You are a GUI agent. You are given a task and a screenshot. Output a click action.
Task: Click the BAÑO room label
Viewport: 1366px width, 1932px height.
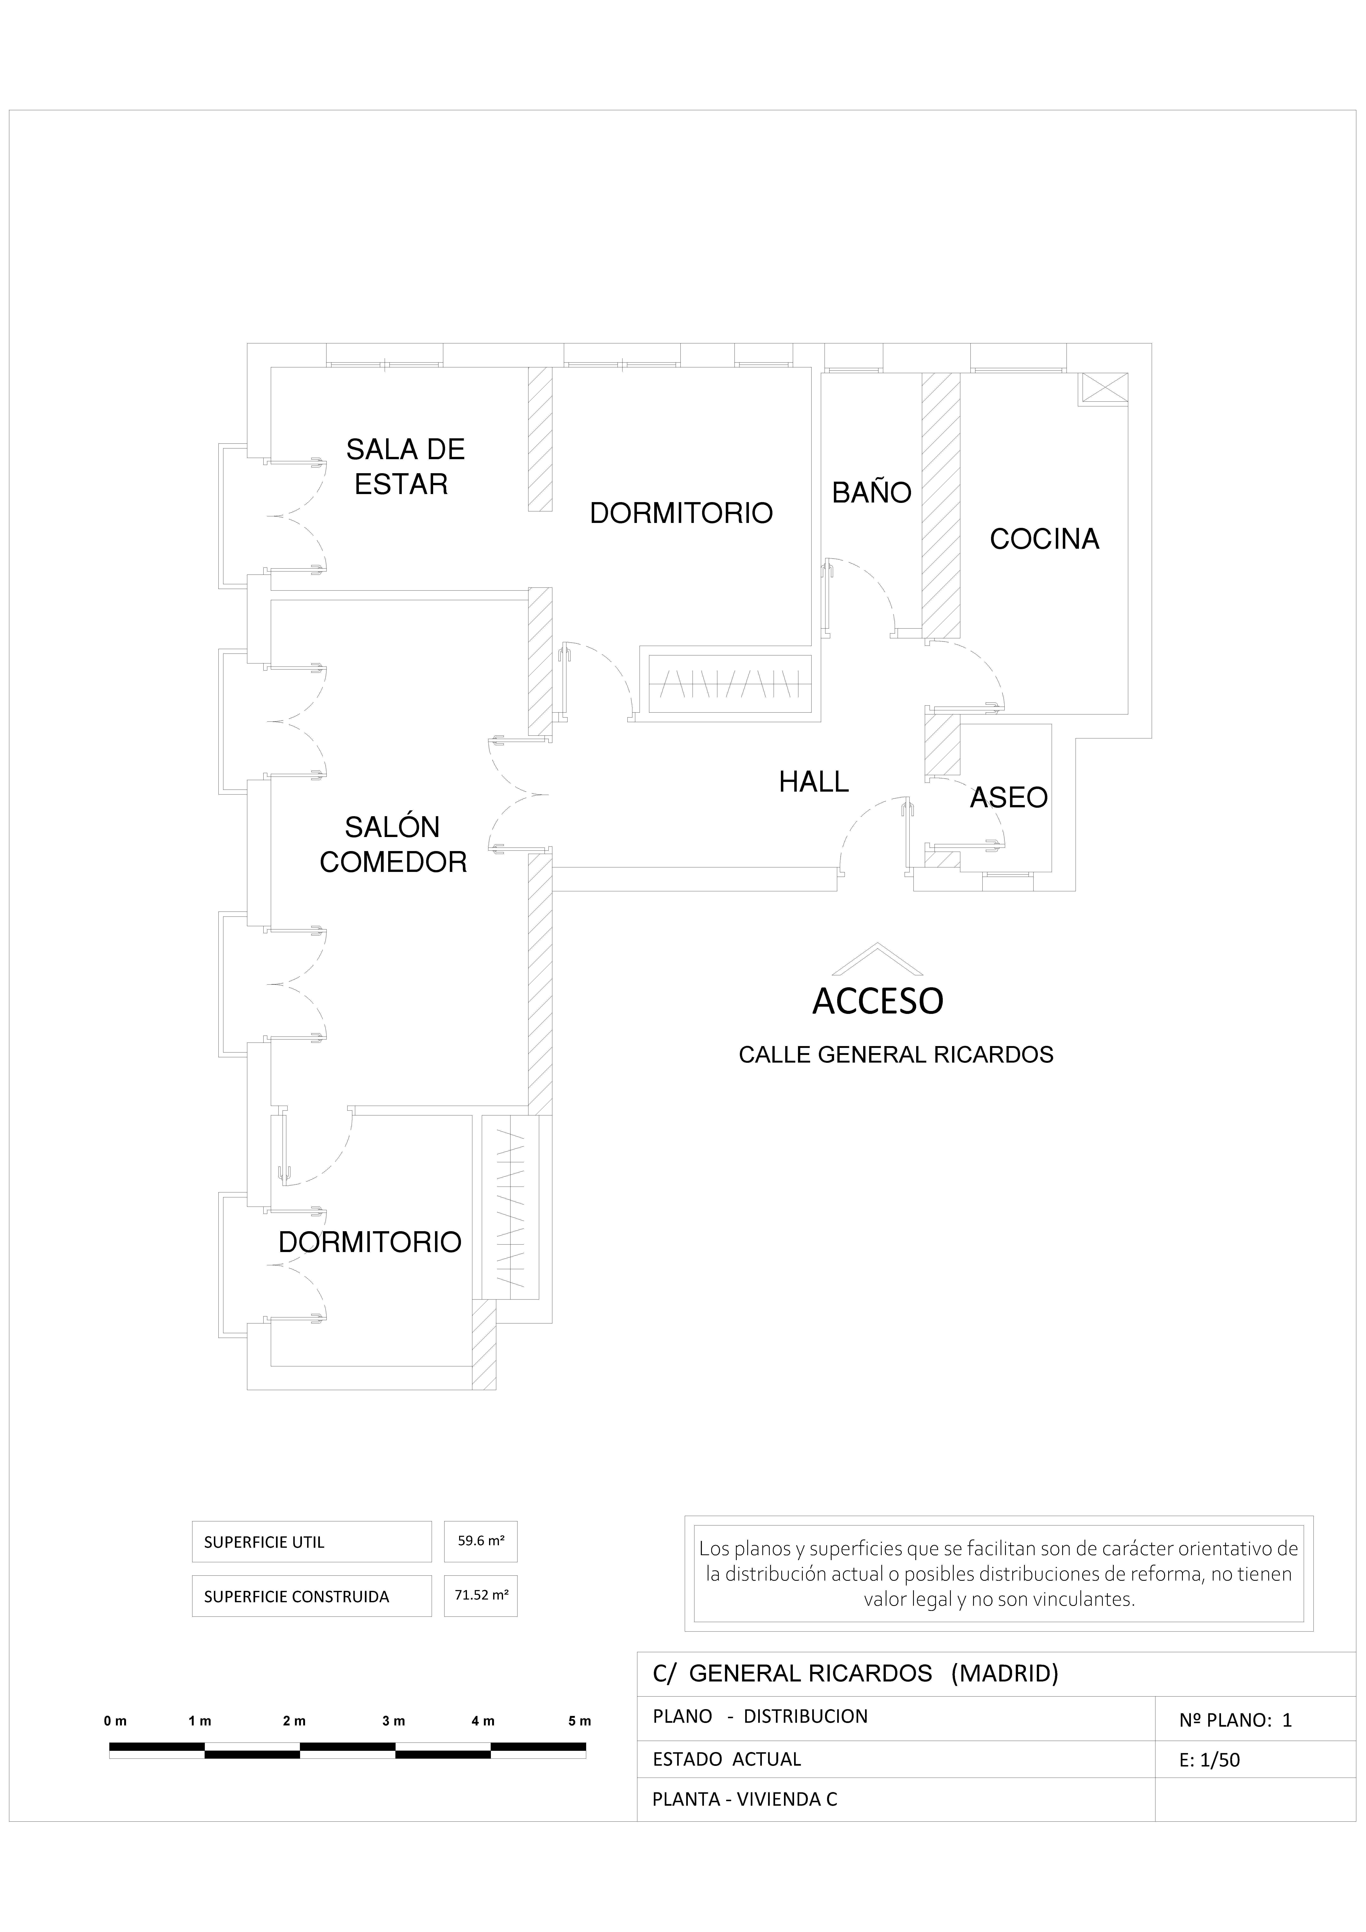pyautogui.click(x=871, y=492)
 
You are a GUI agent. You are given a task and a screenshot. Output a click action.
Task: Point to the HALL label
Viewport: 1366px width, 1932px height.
pyautogui.click(x=813, y=782)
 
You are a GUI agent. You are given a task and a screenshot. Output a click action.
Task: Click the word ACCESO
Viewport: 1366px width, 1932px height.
pyautogui.click(x=877, y=1001)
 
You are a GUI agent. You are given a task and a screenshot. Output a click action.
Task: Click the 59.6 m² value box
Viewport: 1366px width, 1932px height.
pyautogui.click(x=480, y=1542)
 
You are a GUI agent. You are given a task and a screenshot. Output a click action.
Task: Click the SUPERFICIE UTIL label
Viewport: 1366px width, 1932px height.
pyautogui.click(x=264, y=1542)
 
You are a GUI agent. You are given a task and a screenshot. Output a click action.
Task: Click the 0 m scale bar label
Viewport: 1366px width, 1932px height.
pyautogui.click(x=115, y=1721)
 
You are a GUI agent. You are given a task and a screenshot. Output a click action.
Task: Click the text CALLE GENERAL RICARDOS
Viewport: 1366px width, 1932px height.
pyautogui.click(x=896, y=1054)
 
